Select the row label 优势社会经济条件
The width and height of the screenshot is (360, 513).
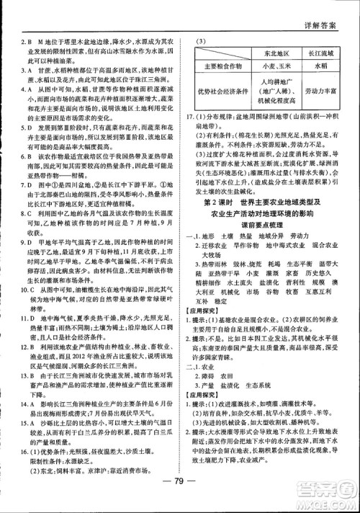coord(216,92)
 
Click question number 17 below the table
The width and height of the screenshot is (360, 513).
coord(190,115)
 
